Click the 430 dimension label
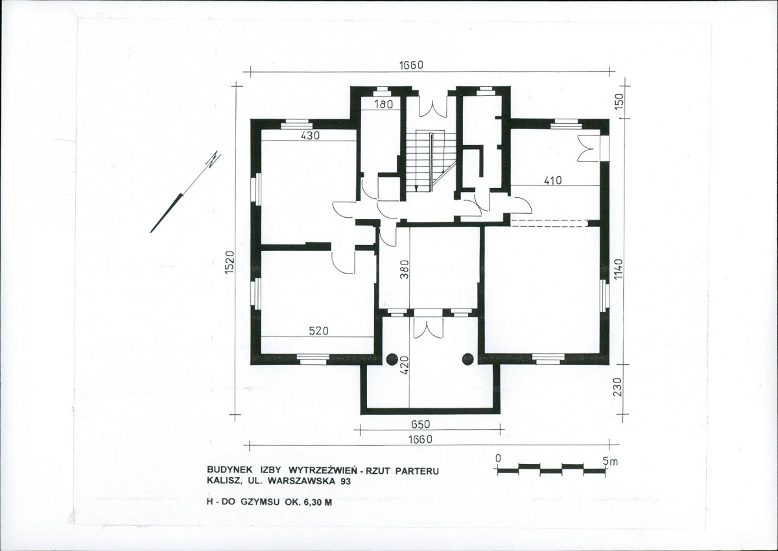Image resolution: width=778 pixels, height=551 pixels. pos(310,135)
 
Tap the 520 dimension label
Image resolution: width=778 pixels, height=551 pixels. pos(319,331)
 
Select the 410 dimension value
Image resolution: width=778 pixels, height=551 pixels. pos(552,181)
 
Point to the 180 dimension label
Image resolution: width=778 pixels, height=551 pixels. pos(384,104)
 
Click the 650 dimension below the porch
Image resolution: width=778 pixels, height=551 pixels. pos(421,425)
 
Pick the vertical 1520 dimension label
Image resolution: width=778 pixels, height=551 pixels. pos(230,262)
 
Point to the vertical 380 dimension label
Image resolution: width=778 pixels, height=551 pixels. pos(404,270)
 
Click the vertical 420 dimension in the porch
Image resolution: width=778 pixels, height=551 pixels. pos(404,365)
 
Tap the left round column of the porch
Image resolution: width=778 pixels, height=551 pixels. pos(393,359)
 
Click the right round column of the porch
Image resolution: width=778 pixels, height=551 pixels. pos(468,359)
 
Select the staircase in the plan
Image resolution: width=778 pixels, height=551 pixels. pos(431,161)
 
